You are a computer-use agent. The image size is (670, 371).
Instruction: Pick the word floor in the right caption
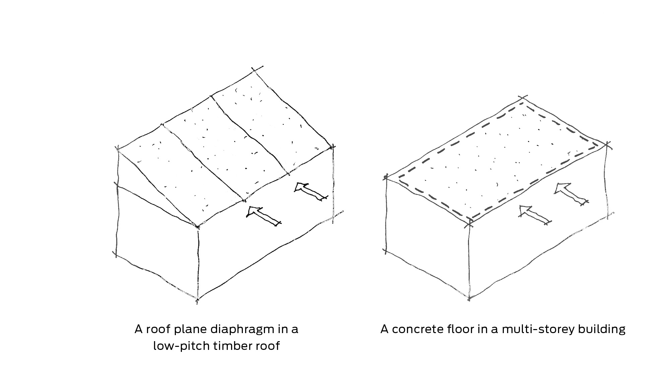click(x=450, y=329)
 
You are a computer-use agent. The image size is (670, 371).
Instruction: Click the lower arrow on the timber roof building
click(x=263, y=216)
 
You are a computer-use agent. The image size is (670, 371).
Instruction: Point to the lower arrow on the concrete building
click(x=535, y=215)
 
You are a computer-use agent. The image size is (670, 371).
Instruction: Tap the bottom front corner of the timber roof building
click(x=198, y=299)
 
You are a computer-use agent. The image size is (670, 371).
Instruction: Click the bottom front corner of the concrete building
click(x=469, y=298)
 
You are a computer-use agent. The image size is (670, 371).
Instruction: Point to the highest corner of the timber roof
click(x=255, y=71)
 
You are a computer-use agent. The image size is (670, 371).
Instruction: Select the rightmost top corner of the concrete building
click(x=607, y=145)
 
